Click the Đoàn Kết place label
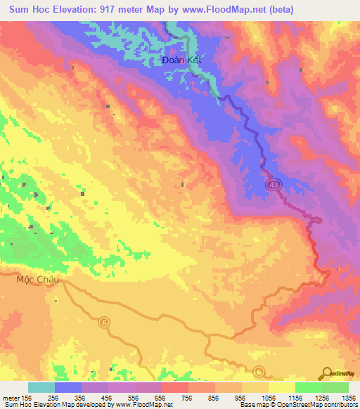coord(181,60)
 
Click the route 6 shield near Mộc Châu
coord(105,321)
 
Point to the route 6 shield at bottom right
coord(259,371)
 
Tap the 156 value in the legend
coord(24,397)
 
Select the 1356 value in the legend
coord(347,397)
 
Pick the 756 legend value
coord(188,397)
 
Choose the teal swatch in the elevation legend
coord(41,387)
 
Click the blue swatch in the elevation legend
coord(68,387)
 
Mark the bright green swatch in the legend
coord(308,387)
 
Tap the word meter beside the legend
coord(8,397)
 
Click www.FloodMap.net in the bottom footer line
coord(141,405)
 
